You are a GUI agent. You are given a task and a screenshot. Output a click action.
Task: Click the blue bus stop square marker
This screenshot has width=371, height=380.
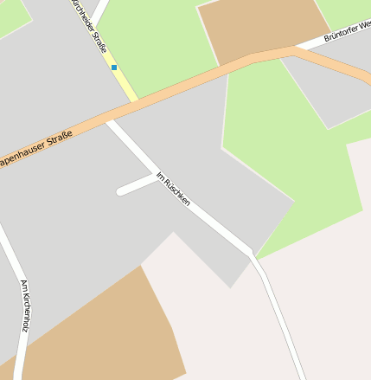pyautogui.click(x=113, y=67)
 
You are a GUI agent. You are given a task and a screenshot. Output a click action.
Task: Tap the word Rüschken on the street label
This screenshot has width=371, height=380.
pyautogui.click(x=177, y=193)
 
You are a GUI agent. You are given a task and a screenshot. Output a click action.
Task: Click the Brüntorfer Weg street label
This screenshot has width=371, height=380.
pyautogui.click(x=346, y=31)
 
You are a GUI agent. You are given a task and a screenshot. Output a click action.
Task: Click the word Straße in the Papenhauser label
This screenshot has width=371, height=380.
pyautogui.click(x=55, y=140)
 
